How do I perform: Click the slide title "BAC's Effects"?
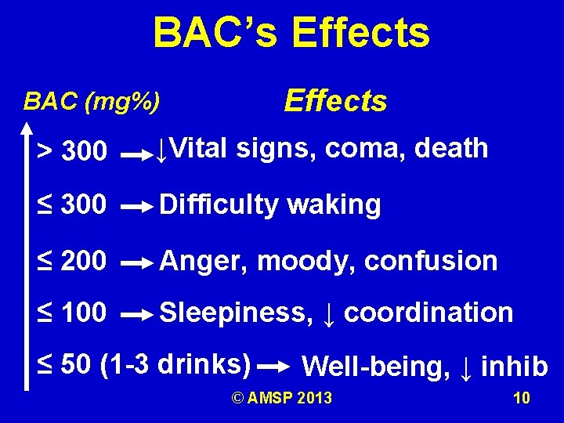click(x=291, y=33)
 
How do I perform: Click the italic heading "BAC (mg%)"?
click(x=92, y=101)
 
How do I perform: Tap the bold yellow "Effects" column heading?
click(x=335, y=101)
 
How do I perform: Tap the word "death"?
click(x=451, y=148)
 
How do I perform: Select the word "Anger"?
click(x=204, y=260)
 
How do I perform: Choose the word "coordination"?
click(x=428, y=313)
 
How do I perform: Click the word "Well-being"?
click(x=376, y=367)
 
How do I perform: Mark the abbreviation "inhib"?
click(x=515, y=367)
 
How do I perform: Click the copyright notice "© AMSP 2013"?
click(x=281, y=399)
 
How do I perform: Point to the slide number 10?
click(x=521, y=399)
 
